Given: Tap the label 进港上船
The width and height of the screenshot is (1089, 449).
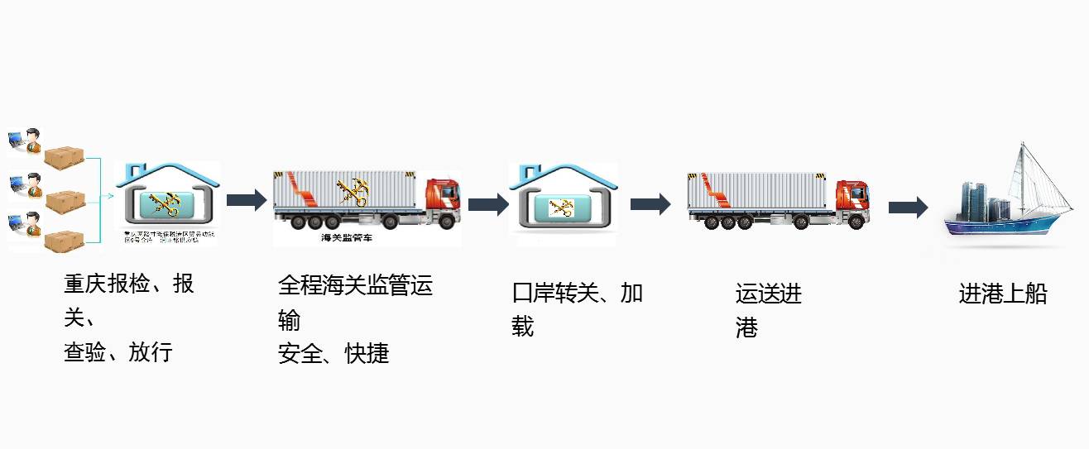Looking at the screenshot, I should pos(1003,294).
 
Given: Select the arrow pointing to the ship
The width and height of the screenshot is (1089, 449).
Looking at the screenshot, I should pos(908,207).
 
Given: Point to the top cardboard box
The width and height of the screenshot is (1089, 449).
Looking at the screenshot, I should pos(65,157).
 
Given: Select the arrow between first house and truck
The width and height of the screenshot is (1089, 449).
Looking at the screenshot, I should pos(246,200).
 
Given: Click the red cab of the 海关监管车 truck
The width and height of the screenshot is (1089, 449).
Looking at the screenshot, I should pos(443,198).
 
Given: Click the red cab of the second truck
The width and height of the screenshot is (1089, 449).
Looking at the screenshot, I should pos(853,198).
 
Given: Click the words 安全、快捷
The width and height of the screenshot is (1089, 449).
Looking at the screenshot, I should pos(333,354).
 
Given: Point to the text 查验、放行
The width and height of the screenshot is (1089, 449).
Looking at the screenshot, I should pos(118,352).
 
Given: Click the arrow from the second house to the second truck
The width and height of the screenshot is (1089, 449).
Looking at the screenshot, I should pos(650,204).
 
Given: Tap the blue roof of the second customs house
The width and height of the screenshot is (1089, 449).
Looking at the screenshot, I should pos(564,174).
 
